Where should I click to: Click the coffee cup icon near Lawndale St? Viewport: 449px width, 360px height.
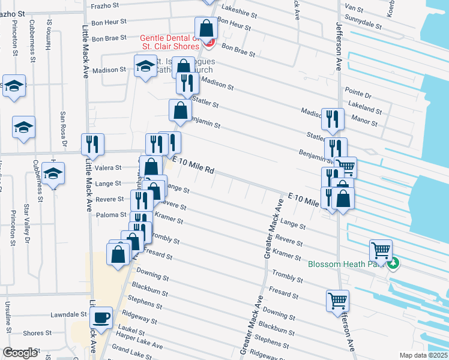(102, 317)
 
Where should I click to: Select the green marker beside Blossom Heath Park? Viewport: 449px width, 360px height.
(393, 263)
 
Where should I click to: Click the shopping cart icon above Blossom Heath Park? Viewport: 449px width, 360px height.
(381, 250)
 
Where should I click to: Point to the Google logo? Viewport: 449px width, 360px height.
(20, 353)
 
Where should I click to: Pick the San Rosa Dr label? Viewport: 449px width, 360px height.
(63, 127)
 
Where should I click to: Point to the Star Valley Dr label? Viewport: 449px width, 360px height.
(26, 224)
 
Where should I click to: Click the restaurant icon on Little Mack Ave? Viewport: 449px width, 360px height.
(92, 144)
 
